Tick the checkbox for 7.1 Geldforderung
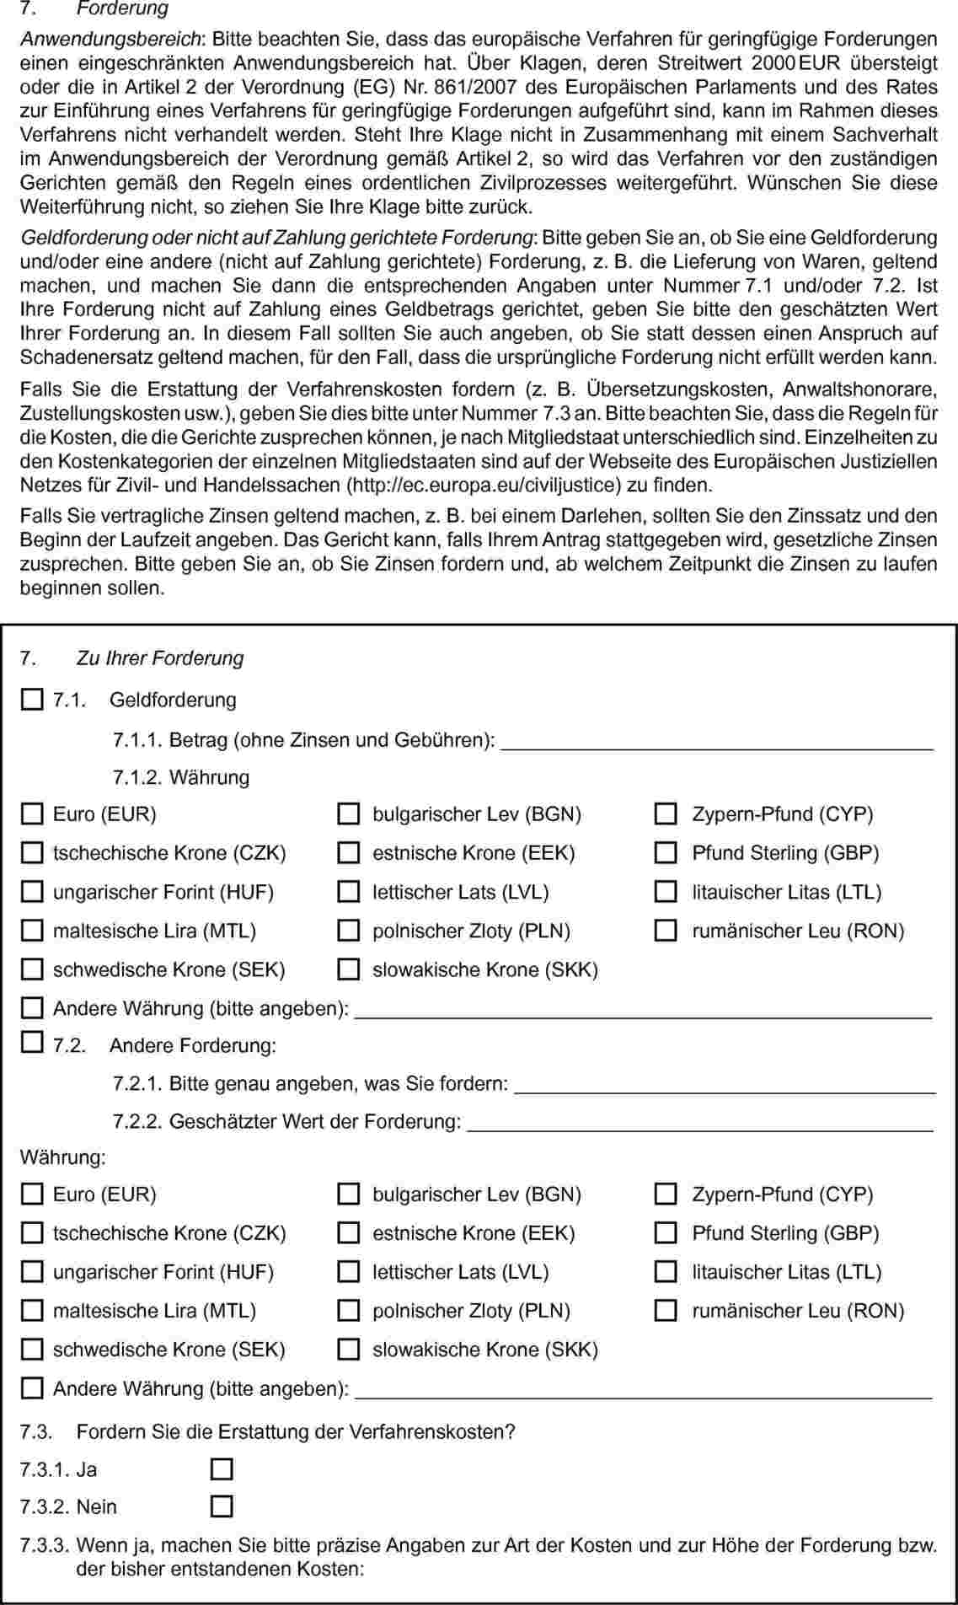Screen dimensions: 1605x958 point(31,700)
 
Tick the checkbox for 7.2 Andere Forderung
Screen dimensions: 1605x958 point(31,1043)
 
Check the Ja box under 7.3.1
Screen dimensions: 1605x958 point(222,1469)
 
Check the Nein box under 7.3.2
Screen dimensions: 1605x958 point(222,1506)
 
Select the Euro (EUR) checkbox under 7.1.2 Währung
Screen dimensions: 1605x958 point(31,813)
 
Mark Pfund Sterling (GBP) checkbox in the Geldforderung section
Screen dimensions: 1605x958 point(666,852)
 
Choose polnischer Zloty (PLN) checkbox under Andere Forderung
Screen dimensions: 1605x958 point(348,1311)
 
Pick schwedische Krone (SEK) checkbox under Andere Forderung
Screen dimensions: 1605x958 point(31,1350)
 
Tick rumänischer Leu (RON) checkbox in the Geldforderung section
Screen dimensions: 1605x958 point(666,931)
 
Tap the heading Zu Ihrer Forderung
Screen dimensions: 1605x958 point(159,658)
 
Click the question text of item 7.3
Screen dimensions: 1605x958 point(295,1431)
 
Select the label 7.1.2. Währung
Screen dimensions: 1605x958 point(181,777)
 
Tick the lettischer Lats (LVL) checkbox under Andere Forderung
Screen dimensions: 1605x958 point(348,1272)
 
